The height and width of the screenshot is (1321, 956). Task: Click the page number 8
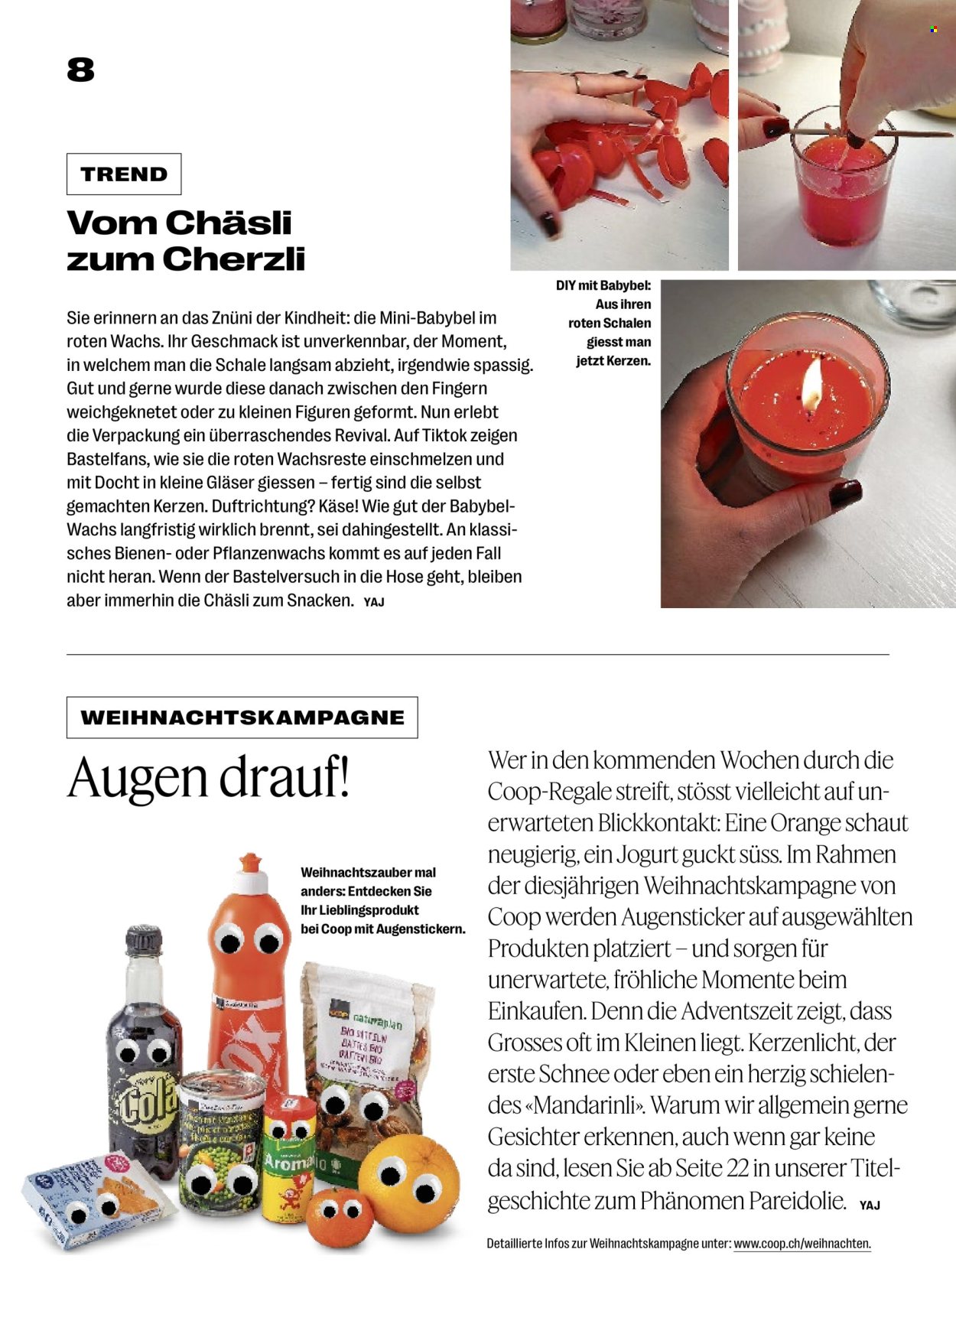[80, 70]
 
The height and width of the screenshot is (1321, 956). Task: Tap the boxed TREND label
[124, 174]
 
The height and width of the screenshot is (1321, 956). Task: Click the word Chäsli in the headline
[229, 223]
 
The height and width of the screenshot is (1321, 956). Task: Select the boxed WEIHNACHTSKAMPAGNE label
[242, 717]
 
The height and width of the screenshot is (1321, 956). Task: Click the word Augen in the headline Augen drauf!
[138, 777]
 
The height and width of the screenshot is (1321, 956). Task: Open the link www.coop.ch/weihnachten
[802, 1244]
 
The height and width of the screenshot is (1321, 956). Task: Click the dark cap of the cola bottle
[144, 940]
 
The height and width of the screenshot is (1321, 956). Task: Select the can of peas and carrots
[221, 1140]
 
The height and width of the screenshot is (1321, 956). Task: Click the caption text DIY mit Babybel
[603, 286]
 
